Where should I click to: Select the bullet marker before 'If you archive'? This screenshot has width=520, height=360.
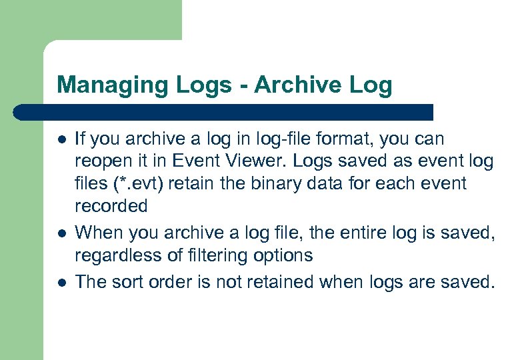click(61, 141)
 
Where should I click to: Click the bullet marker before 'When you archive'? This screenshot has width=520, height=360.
click(61, 233)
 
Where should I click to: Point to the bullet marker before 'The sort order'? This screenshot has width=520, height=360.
click(61, 282)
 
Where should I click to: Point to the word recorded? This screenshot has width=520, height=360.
click(111, 206)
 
